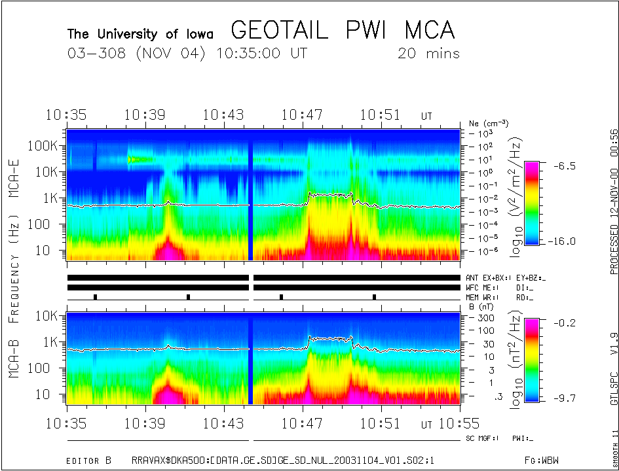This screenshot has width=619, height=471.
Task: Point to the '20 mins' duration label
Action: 428,54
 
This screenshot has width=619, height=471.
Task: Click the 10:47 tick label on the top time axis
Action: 302,115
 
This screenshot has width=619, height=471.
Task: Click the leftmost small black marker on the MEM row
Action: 96,296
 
